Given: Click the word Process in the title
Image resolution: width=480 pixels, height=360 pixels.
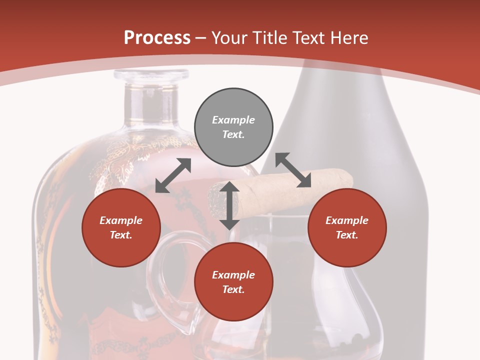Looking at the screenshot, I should (x=157, y=38).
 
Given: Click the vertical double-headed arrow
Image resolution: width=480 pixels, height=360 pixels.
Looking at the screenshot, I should (x=229, y=205).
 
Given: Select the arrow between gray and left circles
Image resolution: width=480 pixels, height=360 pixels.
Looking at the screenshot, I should (x=173, y=175).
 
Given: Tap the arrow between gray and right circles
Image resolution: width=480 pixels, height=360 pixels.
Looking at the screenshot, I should (x=293, y=170).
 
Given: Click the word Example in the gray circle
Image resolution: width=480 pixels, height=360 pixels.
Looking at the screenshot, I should (x=233, y=120).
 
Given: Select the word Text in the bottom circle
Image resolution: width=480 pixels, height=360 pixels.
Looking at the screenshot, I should (x=233, y=289).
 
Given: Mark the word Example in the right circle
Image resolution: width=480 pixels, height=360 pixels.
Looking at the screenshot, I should (x=347, y=220).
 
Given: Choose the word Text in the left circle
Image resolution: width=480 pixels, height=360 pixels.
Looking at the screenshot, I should (x=121, y=235).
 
